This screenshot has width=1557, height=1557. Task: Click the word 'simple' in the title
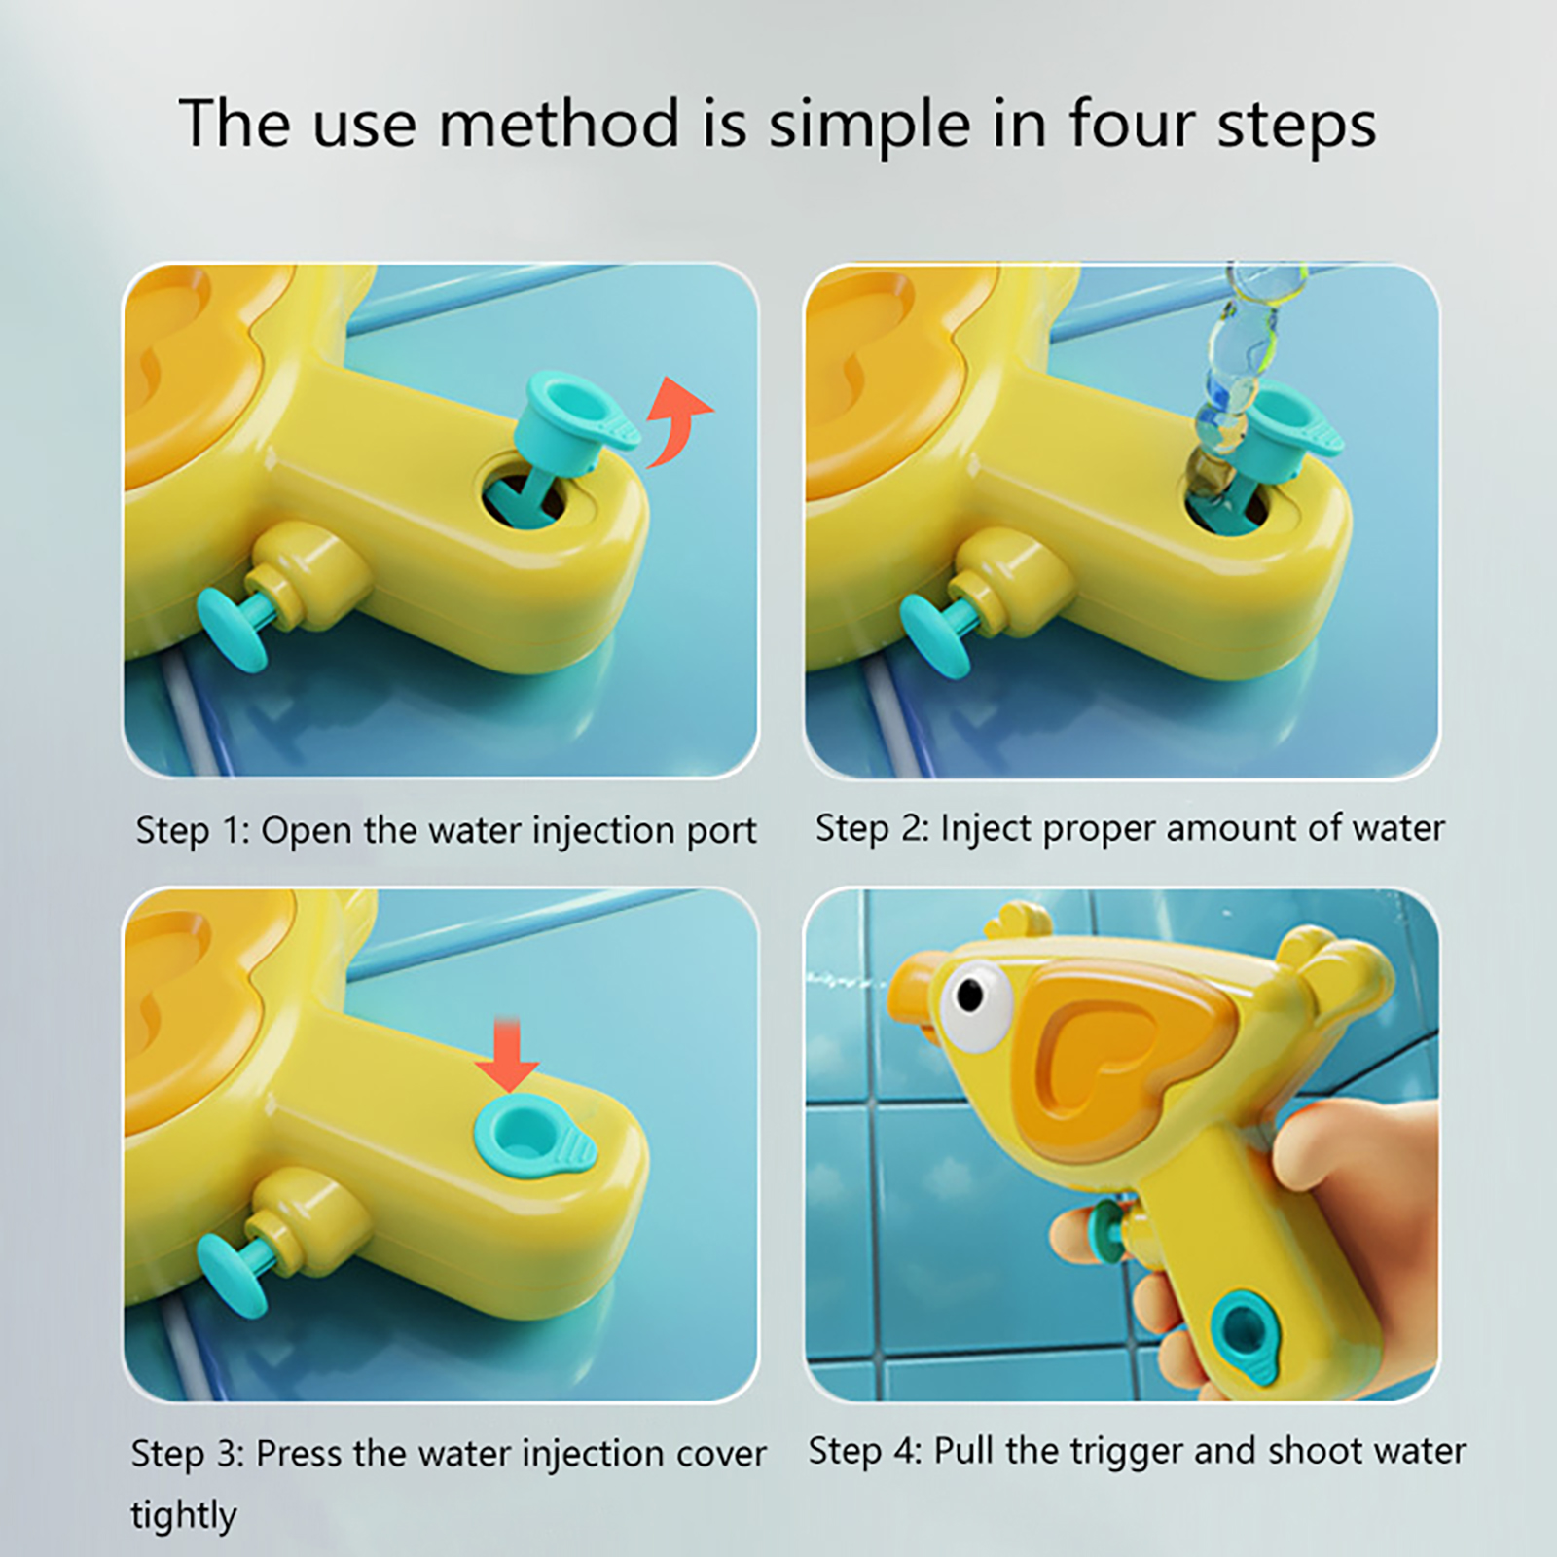[x=870, y=124]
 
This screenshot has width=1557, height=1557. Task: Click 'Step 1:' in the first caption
[x=193, y=830]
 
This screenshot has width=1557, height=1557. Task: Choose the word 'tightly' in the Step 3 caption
[x=184, y=1515]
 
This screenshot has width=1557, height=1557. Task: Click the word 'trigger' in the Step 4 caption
[x=1128, y=1452]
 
